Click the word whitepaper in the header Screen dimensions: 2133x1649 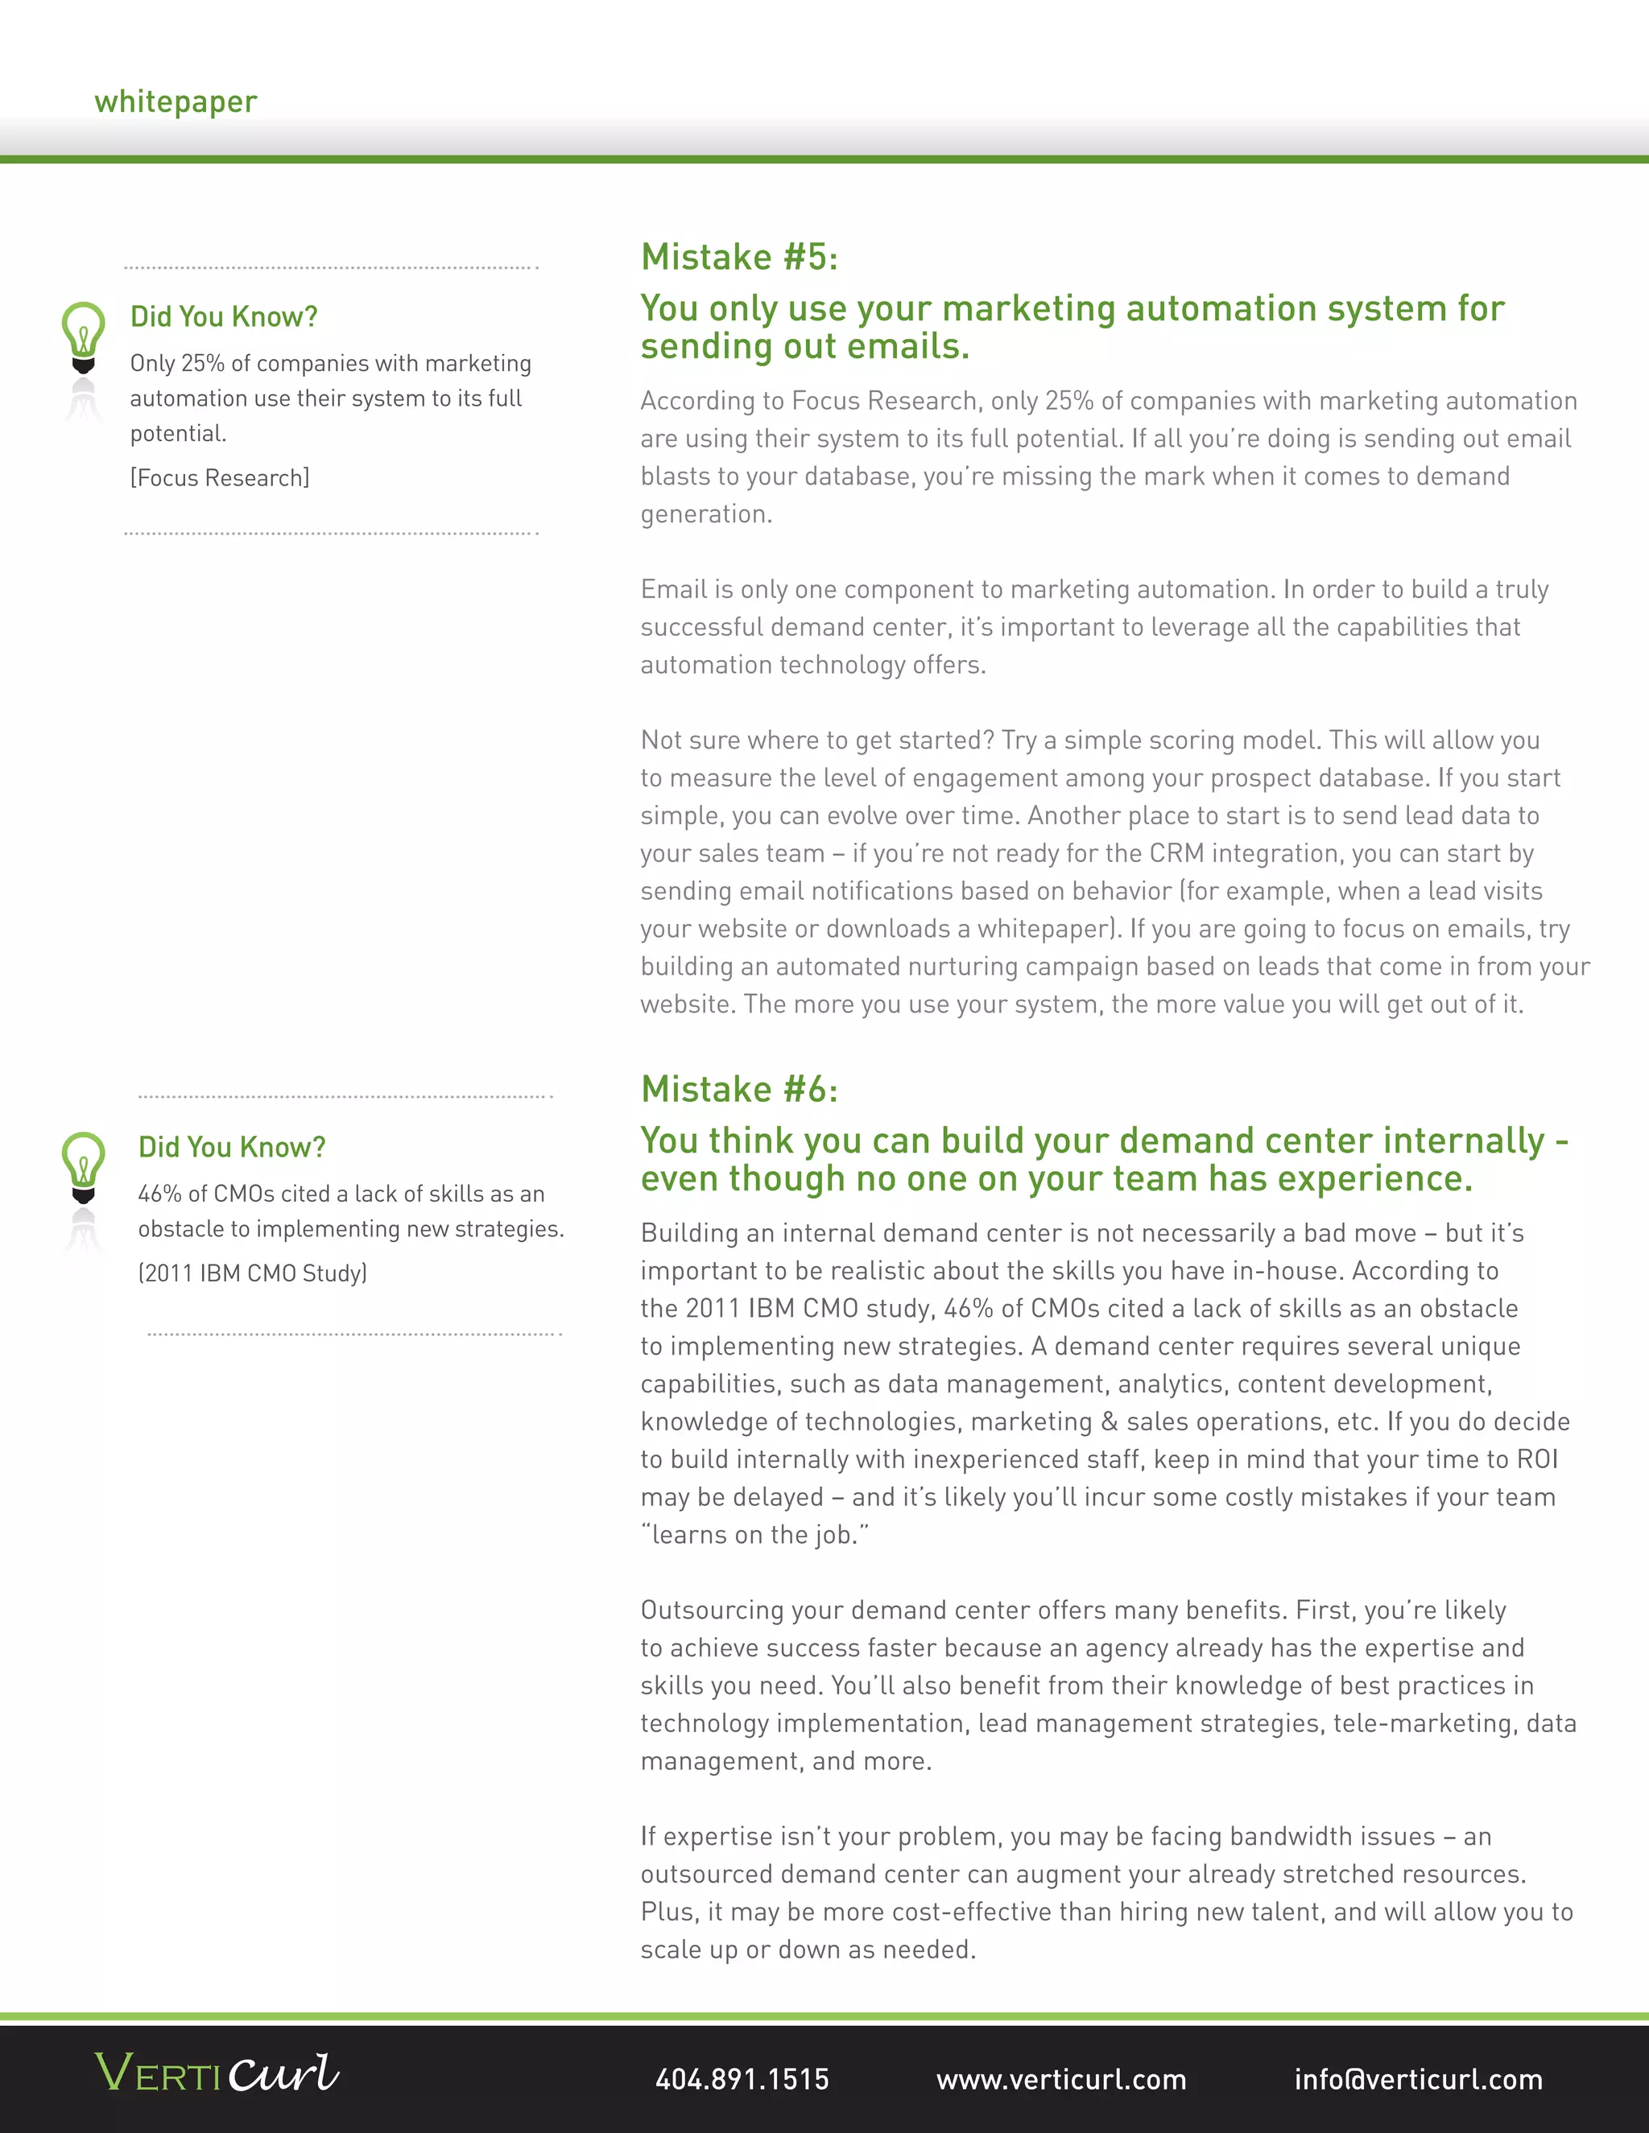pos(176,101)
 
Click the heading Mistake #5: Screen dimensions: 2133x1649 pos(738,257)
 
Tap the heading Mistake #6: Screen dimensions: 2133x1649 pos(738,1089)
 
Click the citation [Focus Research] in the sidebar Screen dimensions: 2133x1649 pos(220,477)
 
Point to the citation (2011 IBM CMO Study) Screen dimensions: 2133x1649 pos(252,1273)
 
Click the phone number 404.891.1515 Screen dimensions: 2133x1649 pos(742,2078)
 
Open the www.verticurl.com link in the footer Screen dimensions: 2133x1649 pos(1061,2078)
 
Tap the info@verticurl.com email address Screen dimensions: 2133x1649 pos(1417,2078)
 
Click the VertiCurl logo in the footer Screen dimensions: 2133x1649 pos(217,2073)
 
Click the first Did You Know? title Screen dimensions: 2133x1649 pos(224,316)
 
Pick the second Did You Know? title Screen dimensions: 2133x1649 pos(232,1146)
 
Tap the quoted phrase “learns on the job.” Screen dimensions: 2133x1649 pos(754,1534)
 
